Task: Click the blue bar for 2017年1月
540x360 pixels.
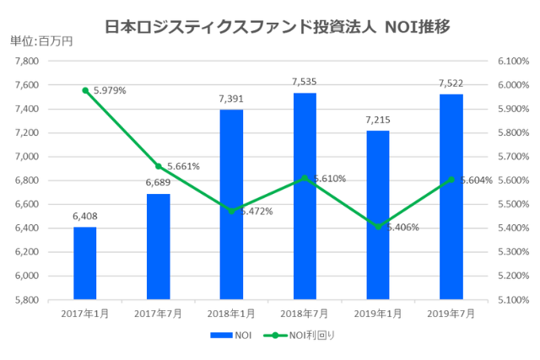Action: tap(84, 262)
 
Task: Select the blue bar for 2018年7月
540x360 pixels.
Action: tap(305, 196)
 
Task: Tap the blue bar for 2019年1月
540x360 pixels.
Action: tap(378, 214)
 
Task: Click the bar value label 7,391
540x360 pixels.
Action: tap(231, 99)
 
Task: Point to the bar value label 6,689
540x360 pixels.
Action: tap(158, 182)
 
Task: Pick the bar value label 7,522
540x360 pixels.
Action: tap(451, 83)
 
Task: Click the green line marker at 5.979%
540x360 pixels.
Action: tap(85, 90)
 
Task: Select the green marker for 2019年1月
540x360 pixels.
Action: tap(378, 227)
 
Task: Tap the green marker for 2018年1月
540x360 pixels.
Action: tap(231, 211)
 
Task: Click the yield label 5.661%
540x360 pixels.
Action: tap(183, 166)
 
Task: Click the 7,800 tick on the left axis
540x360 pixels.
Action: tap(27, 62)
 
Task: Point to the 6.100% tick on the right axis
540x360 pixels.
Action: tap(514, 62)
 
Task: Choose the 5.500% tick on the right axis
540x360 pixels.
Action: tap(514, 204)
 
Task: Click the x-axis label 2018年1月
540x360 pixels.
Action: tap(231, 313)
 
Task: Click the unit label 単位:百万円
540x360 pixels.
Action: tap(41, 40)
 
